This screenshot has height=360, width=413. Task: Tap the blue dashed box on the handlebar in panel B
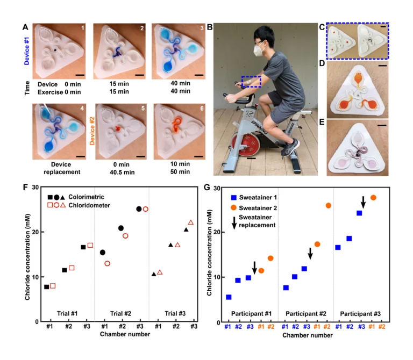coord(251,81)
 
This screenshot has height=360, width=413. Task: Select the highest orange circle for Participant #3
coord(373,198)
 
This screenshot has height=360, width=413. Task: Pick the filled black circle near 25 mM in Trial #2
coord(139,209)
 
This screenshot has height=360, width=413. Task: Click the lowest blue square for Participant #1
coord(229,297)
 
